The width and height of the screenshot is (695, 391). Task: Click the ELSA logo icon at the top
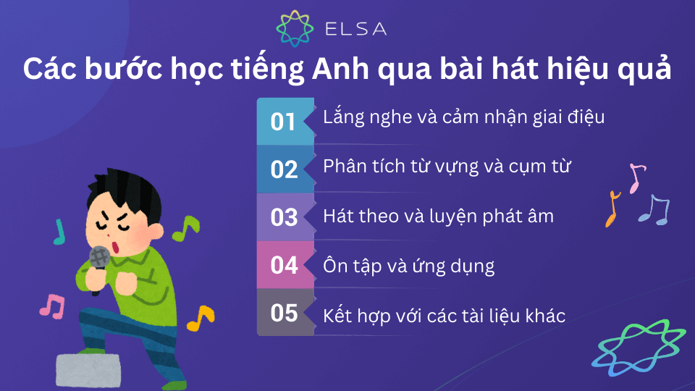(x=296, y=28)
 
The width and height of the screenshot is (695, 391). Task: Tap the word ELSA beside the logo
(x=355, y=29)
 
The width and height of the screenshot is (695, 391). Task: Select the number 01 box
(x=285, y=121)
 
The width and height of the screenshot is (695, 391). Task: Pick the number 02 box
(x=285, y=169)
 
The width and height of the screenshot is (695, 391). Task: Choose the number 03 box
(x=285, y=216)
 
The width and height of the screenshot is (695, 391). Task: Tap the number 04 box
(x=285, y=264)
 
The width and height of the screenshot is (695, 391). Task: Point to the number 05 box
(x=285, y=313)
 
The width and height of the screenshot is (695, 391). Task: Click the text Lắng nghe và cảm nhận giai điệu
(x=463, y=117)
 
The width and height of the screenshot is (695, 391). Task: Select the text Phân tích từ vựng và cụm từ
(x=447, y=167)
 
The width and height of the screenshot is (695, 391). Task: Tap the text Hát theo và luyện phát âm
(x=438, y=215)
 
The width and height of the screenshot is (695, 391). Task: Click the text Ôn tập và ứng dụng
(x=408, y=266)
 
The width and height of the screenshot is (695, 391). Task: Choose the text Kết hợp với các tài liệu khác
(x=444, y=315)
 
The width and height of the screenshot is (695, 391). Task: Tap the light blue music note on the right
(x=654, y=210)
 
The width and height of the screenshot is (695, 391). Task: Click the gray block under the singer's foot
(x=88, y=370)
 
